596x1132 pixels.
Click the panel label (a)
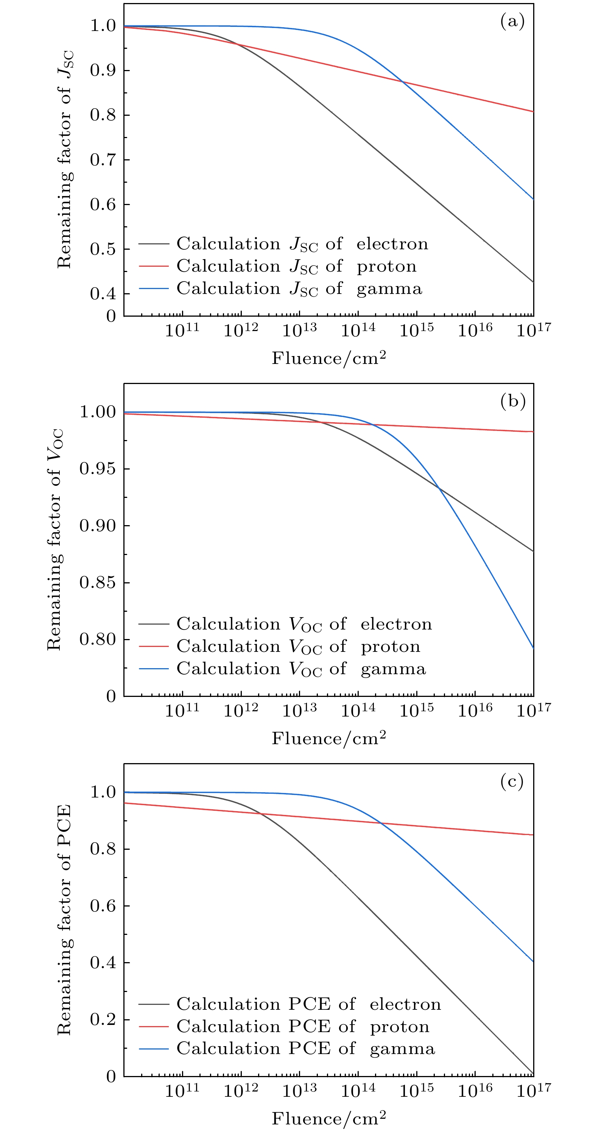point(512,22)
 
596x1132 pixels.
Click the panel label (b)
point(512,401)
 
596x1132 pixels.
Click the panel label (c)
point(512,781)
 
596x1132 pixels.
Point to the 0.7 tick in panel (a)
point(103,160)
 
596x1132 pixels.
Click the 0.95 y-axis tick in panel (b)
point(98,469)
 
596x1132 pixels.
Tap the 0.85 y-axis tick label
point(98,583)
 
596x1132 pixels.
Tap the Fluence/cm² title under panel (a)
point(329,359)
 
